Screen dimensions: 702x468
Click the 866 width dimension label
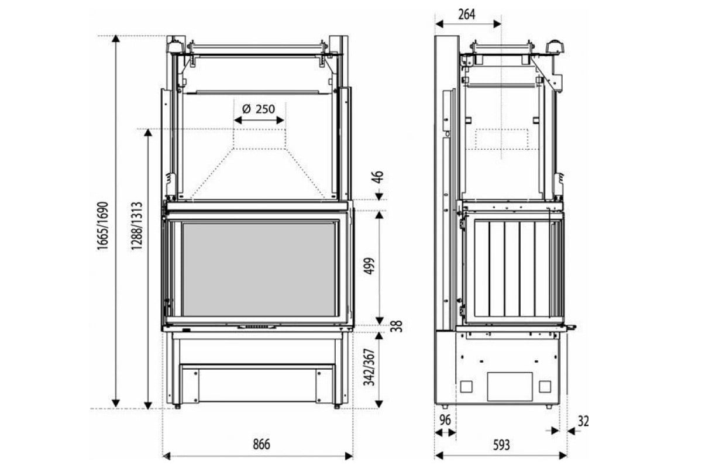tap(261, 444)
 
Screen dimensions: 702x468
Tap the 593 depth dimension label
tap(501, 445)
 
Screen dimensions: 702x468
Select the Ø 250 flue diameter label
tap(259, 109)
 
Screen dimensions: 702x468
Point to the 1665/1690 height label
tap(102, 226)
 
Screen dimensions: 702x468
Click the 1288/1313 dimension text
tap(136, 226)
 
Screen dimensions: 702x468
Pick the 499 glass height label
tap(370, 266)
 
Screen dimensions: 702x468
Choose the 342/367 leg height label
tap(369, 367)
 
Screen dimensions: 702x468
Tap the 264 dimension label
tap(467, 15)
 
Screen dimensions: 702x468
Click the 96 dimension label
tap(445, 420)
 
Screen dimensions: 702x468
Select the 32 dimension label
tap(583, 421)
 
